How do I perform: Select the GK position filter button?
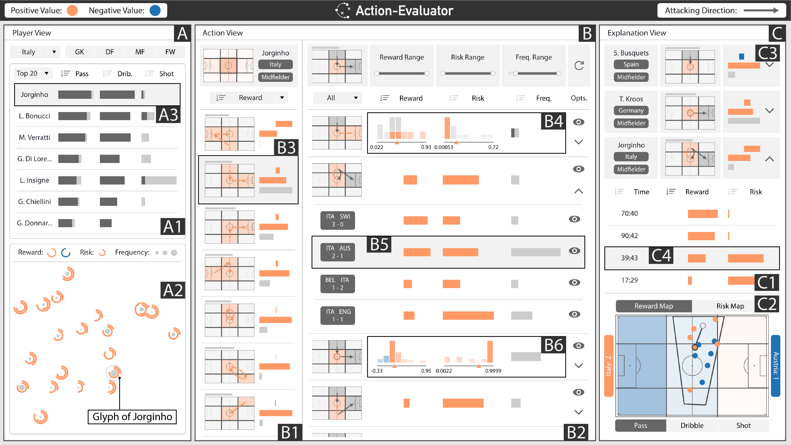(x=79, y=52)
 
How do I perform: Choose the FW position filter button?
(x=170, y=52)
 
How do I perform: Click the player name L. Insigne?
(x=34, y=180)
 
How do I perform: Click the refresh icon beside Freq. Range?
(x=579, y=65)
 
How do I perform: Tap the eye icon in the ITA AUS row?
(x=574, y=251)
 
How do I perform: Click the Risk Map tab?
(x=730, y=306)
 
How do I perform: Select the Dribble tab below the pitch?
(x=692, y=425)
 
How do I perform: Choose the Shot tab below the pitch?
(x=743, y=425)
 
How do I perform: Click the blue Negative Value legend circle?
(x=155, y=10)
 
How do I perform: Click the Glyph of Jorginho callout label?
(x=132, y=417)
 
